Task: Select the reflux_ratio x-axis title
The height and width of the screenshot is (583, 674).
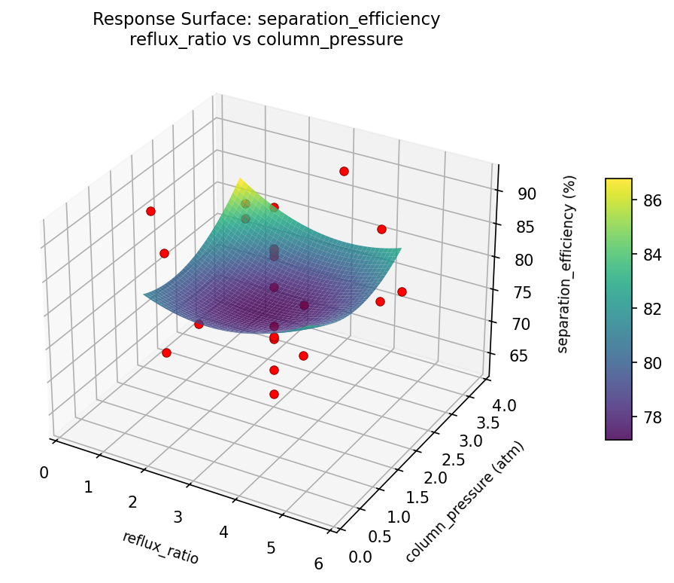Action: click(x=160, y=548)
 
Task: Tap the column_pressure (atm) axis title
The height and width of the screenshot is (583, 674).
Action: click(x=464, y=502)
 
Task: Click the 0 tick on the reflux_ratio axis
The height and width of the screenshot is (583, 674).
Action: click(x=44, y=472)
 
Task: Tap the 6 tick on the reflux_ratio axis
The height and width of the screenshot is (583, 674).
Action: click(x=319, y=563)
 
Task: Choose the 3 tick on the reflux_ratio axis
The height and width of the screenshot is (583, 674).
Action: click(x=178, y=517)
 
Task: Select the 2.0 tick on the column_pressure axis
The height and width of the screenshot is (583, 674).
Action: click(x=436, y=478)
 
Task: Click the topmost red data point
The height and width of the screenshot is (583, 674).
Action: click(x=344, y=172)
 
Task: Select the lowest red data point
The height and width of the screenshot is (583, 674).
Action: click(x=274, y=394)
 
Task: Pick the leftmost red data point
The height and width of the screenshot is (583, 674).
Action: click(x=150, y=211)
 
